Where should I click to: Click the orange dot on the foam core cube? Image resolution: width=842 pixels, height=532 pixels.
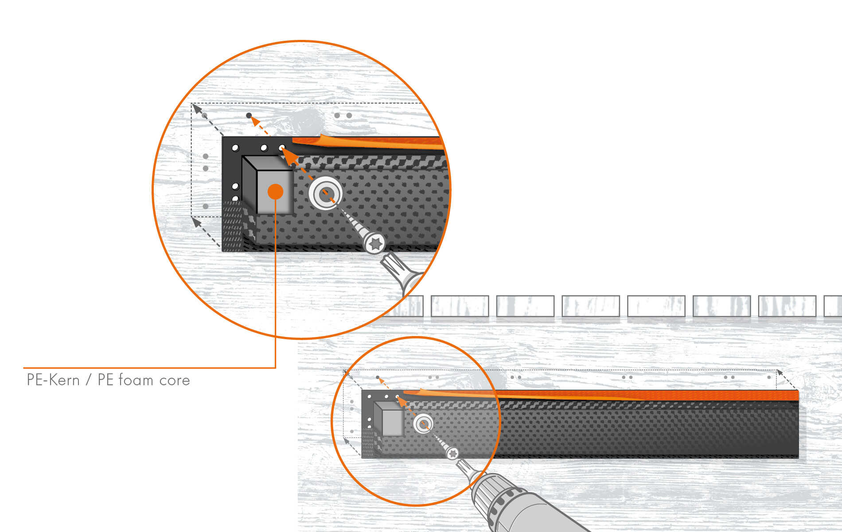coord(275,192)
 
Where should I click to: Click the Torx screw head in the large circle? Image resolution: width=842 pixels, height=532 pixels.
coord(375,243)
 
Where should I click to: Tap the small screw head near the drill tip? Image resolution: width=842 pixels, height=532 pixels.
coord(452,453)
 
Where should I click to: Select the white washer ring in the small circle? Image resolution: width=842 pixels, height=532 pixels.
coord(423,424)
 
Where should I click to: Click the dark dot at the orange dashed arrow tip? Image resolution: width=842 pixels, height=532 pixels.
coord(249,116)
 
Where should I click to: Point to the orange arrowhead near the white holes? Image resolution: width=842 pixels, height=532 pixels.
coord(288,155)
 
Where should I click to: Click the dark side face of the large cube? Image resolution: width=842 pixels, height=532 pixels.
coord(249,184)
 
